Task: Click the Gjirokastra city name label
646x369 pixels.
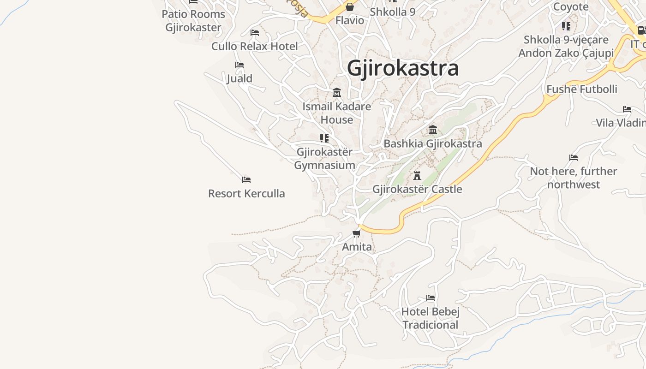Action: click(x=403, y=68)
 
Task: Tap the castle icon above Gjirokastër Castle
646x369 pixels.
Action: click(x=417, y=176)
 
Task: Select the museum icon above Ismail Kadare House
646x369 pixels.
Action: click(x=337, y=93)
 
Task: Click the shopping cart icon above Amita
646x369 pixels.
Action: click(x=356, y=233)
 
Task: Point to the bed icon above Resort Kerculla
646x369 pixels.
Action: click(x=246, y=180)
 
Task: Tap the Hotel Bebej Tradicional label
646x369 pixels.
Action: click(x=431, y=318)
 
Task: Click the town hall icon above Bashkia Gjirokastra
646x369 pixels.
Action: click(x=432, y=130)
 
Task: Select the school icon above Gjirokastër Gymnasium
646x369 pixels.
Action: click(x=324, y=138)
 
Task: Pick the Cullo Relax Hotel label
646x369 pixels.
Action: click(x=255, y=46)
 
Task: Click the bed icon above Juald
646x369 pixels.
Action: click(x=239, y=65)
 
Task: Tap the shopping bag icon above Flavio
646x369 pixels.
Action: click(x=349, y=7)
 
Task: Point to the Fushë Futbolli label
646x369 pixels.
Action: click(x=581, y=89)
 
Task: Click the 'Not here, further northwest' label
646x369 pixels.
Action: click(x=573, y=178)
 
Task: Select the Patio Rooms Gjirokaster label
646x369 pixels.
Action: click(x=193, y=21)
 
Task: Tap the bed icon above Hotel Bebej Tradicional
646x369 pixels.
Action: click(x=431, y=298)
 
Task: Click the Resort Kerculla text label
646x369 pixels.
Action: click(x=246, y=193)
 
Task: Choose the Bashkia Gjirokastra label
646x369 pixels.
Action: click(x=432, y=143)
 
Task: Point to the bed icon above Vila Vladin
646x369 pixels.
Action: click(x=627, y=109)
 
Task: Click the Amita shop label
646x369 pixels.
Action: click(x=357, y=247)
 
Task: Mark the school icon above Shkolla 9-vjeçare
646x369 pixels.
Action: click(x=566, y=26)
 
